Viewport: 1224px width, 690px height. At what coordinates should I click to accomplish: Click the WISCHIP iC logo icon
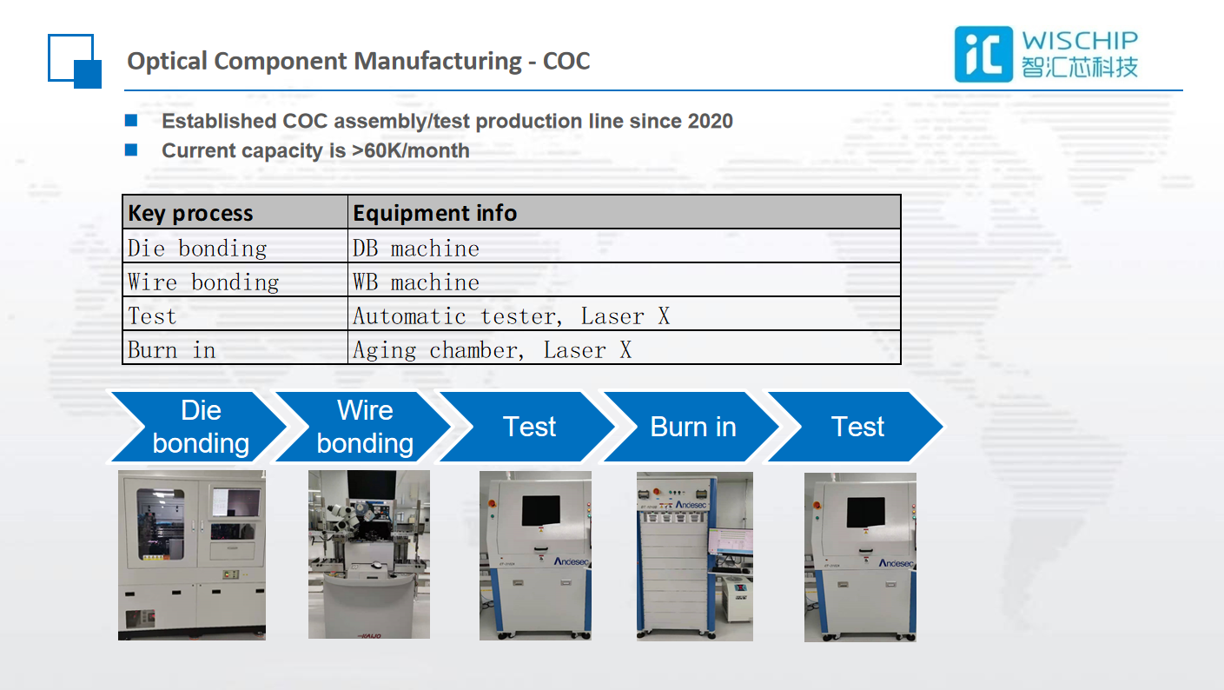[983, 54]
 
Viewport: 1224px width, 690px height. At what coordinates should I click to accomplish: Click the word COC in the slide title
[566, 61]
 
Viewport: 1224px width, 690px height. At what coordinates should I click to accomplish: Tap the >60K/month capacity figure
[410, 150]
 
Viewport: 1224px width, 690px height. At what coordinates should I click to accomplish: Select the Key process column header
[190, 213]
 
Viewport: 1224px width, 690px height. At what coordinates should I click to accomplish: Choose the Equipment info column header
[434, 213]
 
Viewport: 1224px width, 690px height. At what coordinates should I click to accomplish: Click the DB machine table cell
[416, 249]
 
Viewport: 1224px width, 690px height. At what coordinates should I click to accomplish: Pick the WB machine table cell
[416, 282]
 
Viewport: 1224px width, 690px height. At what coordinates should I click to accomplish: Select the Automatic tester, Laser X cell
[511, 316]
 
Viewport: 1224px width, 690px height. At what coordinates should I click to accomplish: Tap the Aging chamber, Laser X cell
[492, 350]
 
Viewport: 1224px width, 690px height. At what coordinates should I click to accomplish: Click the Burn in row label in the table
[172, 350]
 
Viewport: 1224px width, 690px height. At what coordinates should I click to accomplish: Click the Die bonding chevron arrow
[199, 427]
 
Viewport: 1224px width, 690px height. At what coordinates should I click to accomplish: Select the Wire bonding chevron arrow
[363, 427]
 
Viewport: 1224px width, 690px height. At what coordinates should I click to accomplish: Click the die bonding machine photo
[192, 555]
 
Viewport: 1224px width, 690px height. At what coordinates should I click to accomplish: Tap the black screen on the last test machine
[865, 513]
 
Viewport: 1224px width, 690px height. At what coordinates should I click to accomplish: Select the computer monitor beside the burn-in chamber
[730, 541]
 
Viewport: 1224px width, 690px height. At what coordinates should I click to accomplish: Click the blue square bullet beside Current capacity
[131, 149]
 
